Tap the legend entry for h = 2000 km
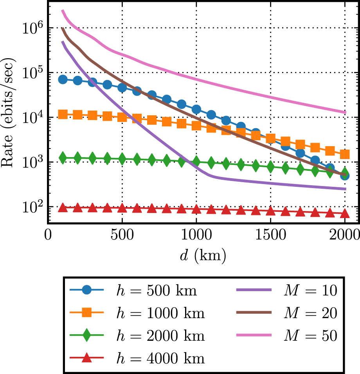tap(160, 336)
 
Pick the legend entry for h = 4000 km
tap(160, 358)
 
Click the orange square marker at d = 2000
tap(345, 154)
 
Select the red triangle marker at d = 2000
tap(345, 213)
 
